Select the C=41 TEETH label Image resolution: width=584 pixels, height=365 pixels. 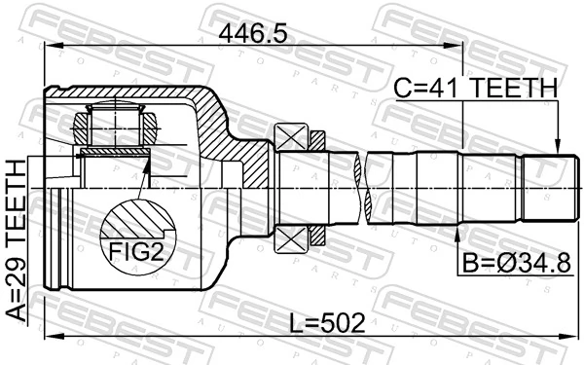point(475,88)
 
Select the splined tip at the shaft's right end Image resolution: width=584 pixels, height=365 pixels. point(544,186)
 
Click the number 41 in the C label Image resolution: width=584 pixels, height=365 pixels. point(446,88)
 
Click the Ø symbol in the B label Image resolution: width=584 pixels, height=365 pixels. point(497,265)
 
